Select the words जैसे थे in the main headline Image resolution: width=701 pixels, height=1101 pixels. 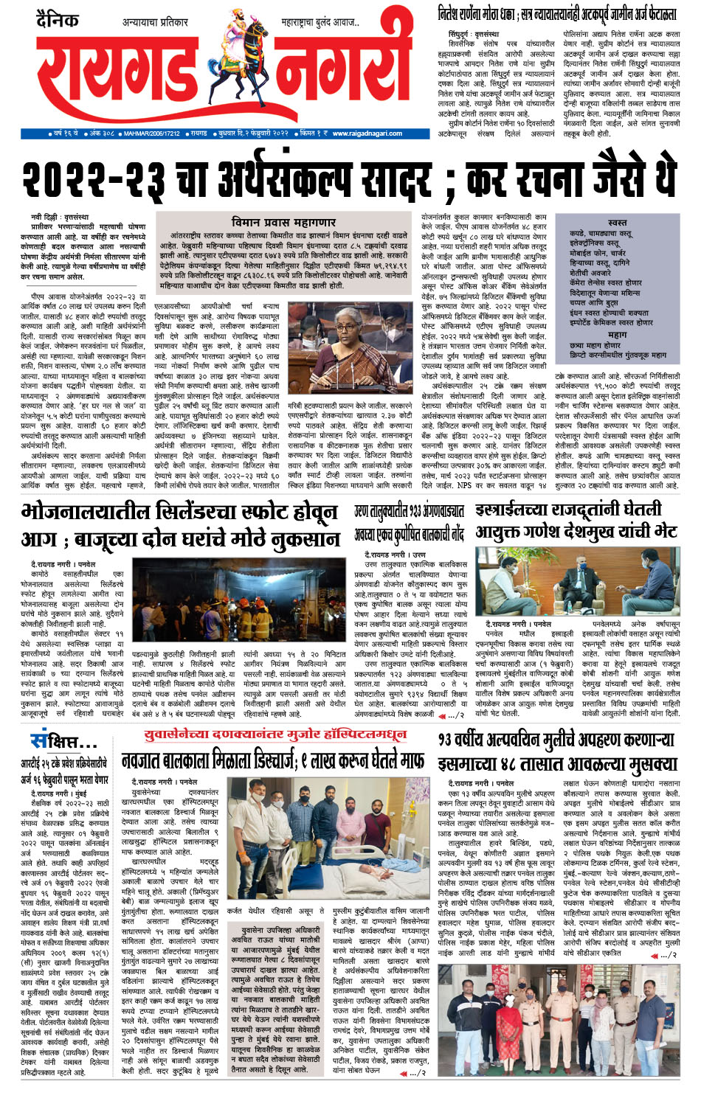(628, 177)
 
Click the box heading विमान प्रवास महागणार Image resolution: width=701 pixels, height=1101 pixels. (283, 222)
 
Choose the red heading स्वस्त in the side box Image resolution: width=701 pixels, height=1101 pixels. (618, 222)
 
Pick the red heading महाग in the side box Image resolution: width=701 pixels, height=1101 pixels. (617, 335)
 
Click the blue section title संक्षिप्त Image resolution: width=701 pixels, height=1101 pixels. (63, 739)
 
